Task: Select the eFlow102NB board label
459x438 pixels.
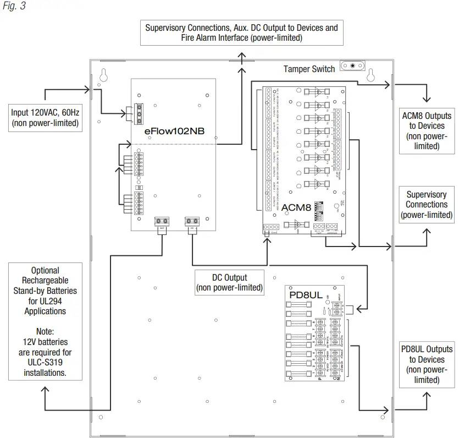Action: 171,132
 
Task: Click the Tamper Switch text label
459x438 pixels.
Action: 309,69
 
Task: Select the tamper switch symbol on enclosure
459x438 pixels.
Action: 352,65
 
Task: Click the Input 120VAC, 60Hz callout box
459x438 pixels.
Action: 45,118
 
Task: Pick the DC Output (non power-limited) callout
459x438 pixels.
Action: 229,282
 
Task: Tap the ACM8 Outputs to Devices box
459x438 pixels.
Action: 427,131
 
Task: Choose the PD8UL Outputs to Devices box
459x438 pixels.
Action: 427,364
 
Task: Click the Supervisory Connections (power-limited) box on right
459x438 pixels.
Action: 427,204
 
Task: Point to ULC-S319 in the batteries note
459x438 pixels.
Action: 45,362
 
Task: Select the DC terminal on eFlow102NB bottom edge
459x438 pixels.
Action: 191,221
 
